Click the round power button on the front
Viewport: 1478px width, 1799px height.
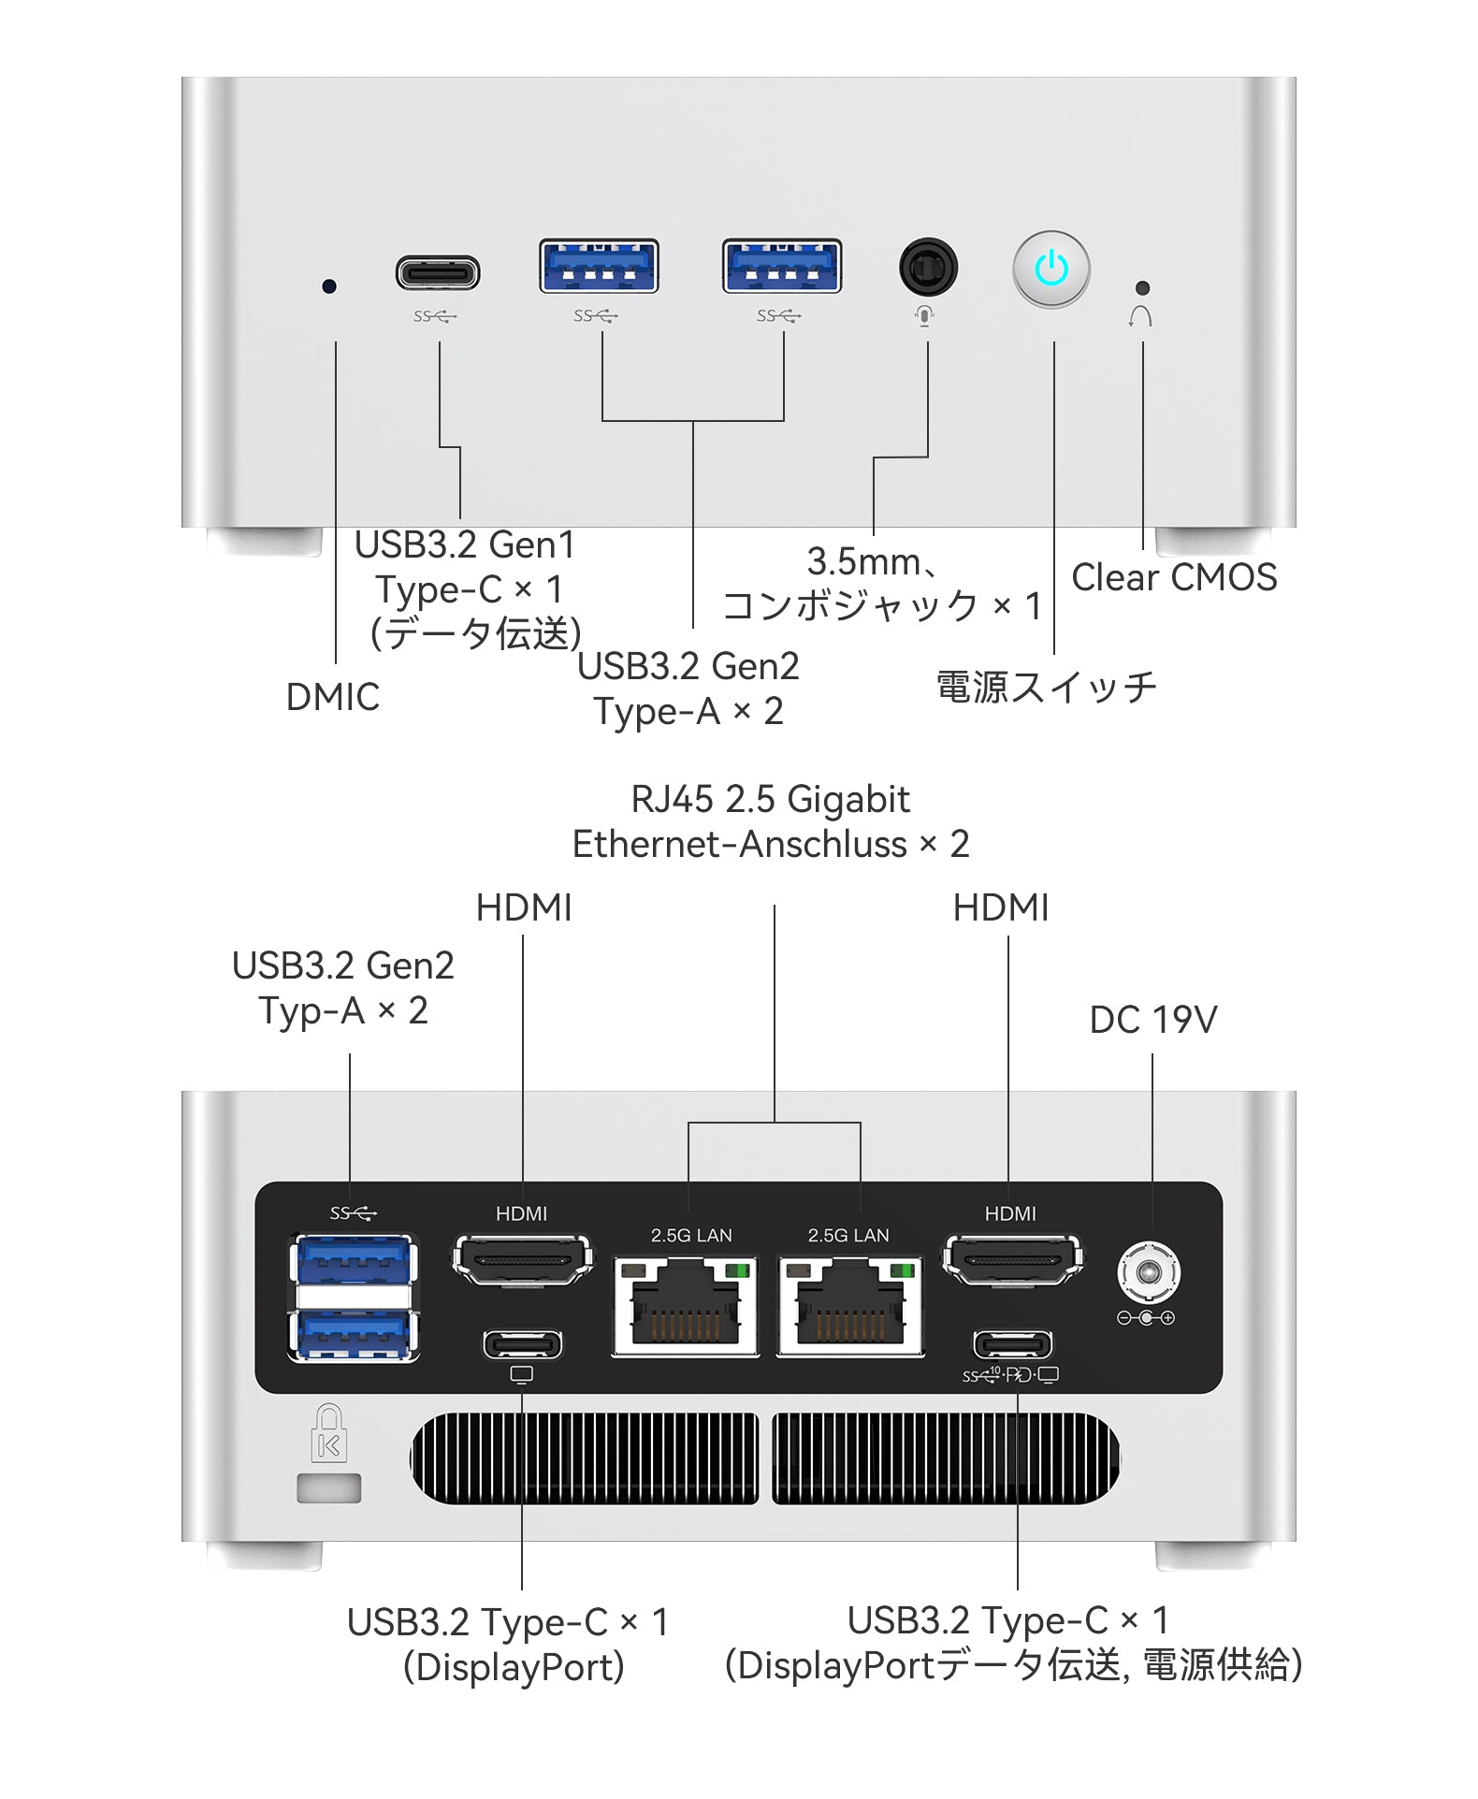pyautogui.click(x=1051, y=269)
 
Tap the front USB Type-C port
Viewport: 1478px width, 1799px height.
pyautogui.click(x=438, y=274)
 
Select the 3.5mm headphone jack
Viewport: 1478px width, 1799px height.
pyautogui.click(x=927, y=268)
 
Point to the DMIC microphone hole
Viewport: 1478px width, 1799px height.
pyautogui.click(x=329, y=286)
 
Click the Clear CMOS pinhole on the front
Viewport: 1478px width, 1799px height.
pyautogui.click(x=1141, y=288)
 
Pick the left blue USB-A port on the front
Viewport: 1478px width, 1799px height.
pyautogui.click(x=599, y=267)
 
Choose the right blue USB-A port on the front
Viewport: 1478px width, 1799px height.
pyautogui.click(x=782, y=267)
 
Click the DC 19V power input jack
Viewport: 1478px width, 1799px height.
pyautogui.click(x=1149, y=1273)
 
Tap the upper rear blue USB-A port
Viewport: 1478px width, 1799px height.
pyautogui.click(x=354, y=1260)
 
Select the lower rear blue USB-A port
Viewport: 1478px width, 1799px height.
pyautogui.click(x=354, y=1335)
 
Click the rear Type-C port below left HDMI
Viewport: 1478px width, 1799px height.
pyautogui.click(x=522, y=1345)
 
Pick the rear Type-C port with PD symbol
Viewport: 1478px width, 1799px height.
pyautogui.click(x=1012, y=1345)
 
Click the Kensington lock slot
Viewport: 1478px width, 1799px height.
pyautogui.click(x=329, y=1488)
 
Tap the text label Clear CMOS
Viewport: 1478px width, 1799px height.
pyautogui.click(x=1173, y=578)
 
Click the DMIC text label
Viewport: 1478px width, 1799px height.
pyautogui.click(x=332, y=698)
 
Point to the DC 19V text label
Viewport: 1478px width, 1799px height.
pyautogui.click(x=1152, y=1021)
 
